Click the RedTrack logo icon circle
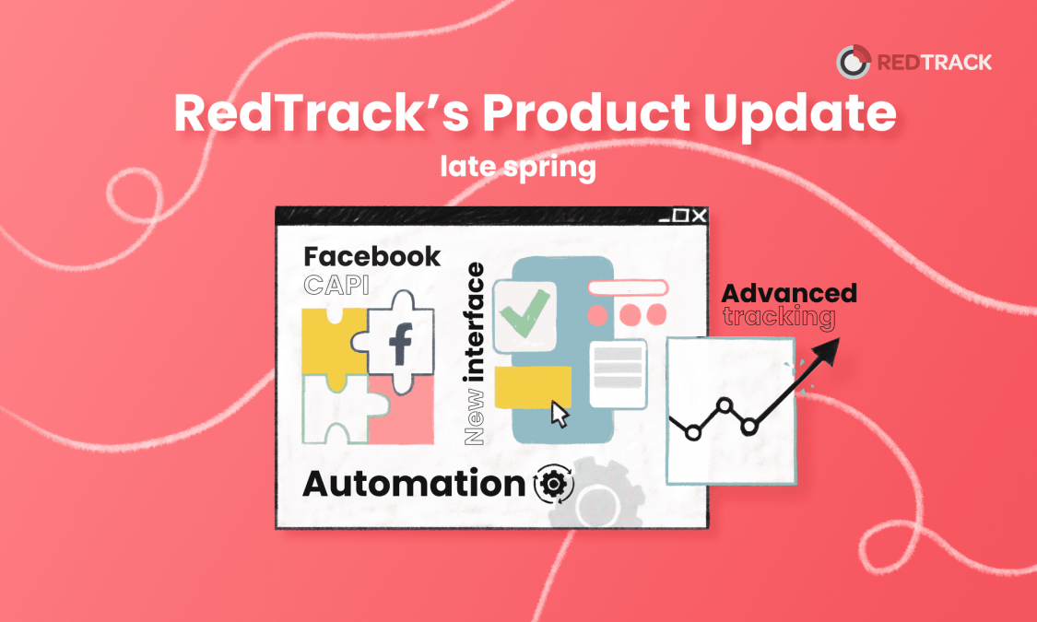pyautogui.click(x=853, y=62)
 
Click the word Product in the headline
pyautogui.click(x=571, y=114)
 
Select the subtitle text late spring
pyautogui.click(x=517, y=168)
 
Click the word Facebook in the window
pyautogui.click(x=371, y=256)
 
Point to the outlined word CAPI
pyautogui.click(x=336, y=286)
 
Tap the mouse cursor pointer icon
pyautogui.click(x=560, y=414)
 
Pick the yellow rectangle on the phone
pyautogui.click(x=532, y=386)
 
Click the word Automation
pyautogui.click(x=414, y=484)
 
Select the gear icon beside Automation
pyautogui.click(x=553, y=484)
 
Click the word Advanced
pyautogui.click(x=789, y=294)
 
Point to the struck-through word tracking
pyautogui.click(x=779, y=318)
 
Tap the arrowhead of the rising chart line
pyautogui.click(x=826, y=350)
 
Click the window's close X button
pyautogui.click(x=700, y=216)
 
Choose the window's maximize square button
pyautogui.click(x=680, y=216)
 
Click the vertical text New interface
pyautogui.click(x=475, y=355)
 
